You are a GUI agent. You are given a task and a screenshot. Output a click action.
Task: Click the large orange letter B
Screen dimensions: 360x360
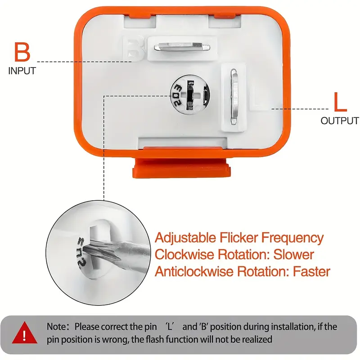click(22, 52)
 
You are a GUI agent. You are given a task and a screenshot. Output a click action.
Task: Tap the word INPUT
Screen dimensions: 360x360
click(22, 71)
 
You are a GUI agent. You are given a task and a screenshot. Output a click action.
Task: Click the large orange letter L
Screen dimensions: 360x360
click(340, 102)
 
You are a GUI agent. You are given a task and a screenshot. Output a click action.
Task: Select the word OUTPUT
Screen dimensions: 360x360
click(340, 121)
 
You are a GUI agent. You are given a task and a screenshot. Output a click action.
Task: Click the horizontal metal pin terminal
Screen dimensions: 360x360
click(182, 47)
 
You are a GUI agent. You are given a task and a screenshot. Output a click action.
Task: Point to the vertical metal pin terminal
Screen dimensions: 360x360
click(234, 96)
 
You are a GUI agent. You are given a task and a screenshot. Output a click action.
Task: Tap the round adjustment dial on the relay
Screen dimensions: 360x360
click(190, 94)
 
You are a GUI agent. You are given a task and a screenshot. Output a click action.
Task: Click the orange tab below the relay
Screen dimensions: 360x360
click(181, 168)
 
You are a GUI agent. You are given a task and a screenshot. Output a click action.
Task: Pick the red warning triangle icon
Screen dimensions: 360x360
click(25, 333)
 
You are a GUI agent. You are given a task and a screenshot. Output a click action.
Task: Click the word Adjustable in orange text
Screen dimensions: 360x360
click(185, 238)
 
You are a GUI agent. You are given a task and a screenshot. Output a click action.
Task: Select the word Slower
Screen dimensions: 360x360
click(294, 254)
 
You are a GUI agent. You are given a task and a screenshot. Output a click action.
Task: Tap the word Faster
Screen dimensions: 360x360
click(311, 271)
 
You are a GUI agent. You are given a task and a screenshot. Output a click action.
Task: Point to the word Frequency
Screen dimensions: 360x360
click(292, 238)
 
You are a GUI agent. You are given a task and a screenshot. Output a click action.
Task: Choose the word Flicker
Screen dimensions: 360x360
click(239, 238)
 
